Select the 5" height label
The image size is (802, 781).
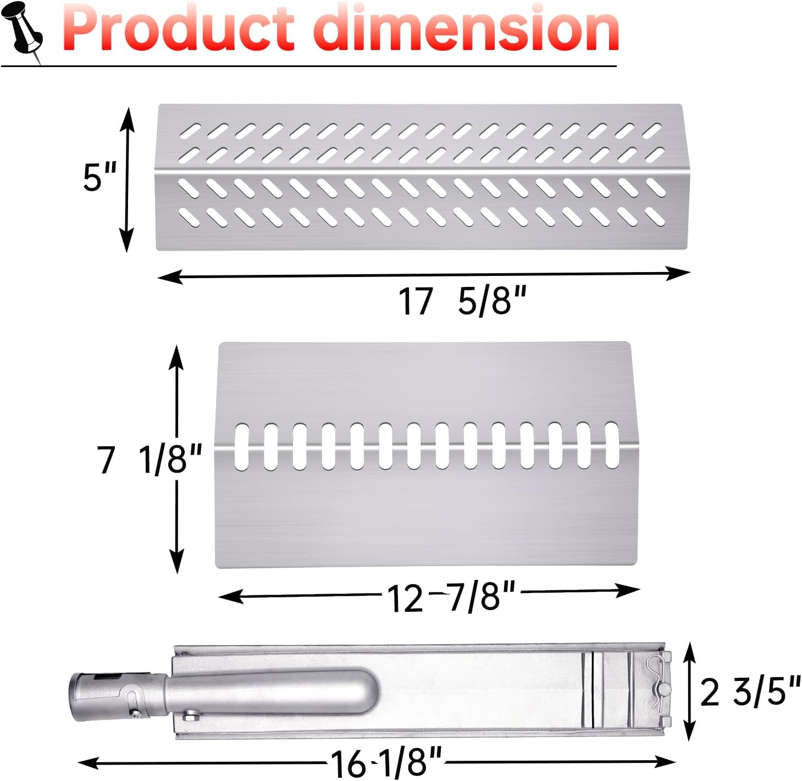99,177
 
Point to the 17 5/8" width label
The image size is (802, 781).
462,301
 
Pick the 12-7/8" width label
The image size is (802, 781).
451,596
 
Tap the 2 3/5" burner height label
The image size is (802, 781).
750,691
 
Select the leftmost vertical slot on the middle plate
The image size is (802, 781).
241,446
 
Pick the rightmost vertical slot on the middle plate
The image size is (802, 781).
611,445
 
